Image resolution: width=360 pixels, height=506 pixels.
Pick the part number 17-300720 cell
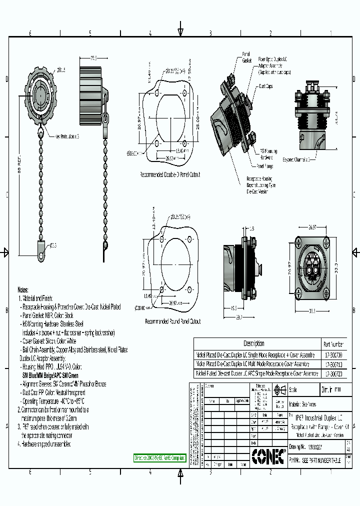click(333, 373)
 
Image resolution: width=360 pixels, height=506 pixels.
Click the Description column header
click(253, 343)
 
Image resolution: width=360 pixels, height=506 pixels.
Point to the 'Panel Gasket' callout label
click(246, 56)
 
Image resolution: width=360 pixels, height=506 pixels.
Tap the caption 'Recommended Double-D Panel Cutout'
click(170, 175)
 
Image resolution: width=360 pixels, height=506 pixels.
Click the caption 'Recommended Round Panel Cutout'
click(172, 321)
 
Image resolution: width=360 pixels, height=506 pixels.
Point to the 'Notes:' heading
click(23, 289)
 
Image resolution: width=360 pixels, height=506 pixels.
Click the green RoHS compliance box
click(160, 457)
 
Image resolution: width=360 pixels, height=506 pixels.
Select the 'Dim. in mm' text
click(331, 390)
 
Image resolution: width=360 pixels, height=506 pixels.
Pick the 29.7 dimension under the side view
click(238, 317)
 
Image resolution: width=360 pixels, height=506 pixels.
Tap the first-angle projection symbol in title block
click(279, 390)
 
